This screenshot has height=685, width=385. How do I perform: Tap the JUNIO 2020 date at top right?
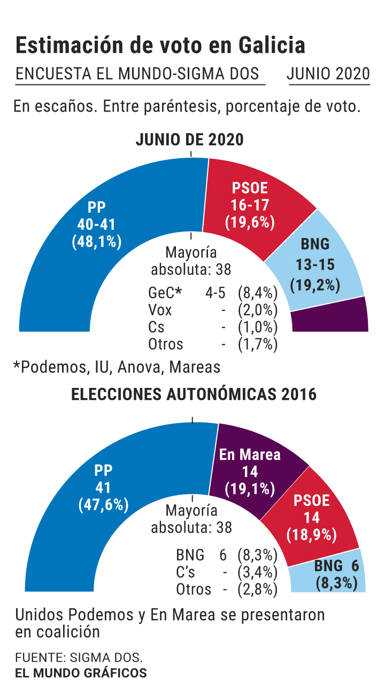(x=328, y=74)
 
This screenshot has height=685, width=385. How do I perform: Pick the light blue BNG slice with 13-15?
(x=315, y=264)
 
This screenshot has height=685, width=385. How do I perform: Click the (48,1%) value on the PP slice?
(x=97, y=242)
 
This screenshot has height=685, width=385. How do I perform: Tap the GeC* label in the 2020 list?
(x=165, y=293)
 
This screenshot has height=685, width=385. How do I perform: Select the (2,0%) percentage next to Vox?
(x=258, y=310)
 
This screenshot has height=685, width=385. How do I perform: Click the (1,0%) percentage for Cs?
(x=258, y=327)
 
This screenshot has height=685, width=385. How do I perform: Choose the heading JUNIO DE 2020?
(x=190, y=140)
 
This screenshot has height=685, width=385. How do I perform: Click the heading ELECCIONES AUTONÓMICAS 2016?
(x=194, y=394)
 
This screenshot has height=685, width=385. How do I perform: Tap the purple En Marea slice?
(x=250, y=470)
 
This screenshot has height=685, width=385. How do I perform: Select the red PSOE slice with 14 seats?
(x=312, y=517)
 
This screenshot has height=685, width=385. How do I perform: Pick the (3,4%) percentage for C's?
(x=258, y=572)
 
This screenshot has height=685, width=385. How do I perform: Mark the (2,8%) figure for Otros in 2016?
(x=258, y=589)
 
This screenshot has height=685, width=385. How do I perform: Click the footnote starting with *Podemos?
(x=117, y=367)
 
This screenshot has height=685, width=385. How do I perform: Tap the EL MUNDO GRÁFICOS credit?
(x=81, y=673)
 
